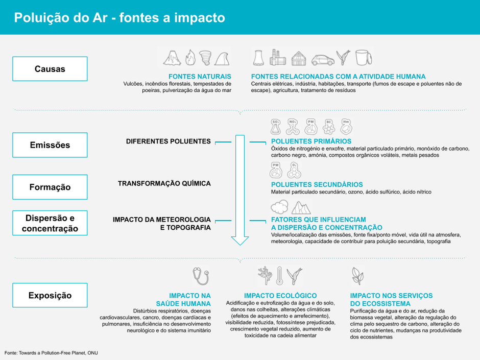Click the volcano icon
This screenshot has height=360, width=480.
[172, 58]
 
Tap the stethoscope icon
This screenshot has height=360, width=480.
[201, 276]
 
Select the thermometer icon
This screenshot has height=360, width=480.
[279, 276]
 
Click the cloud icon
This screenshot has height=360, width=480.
[279, 207]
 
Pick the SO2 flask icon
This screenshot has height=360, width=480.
[276, 127]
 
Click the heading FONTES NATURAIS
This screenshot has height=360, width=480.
[200, 77]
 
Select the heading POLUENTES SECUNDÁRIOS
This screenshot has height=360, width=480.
[317, 184]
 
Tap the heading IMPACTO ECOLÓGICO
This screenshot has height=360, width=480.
[280, 296]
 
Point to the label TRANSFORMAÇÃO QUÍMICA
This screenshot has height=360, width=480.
[164, 183]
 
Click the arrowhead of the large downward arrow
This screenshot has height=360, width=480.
[240, 241]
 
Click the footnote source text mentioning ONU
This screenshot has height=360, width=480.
[51, 353]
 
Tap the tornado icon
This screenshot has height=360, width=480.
[205, 58]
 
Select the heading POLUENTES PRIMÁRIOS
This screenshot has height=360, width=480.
[311, 141]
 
